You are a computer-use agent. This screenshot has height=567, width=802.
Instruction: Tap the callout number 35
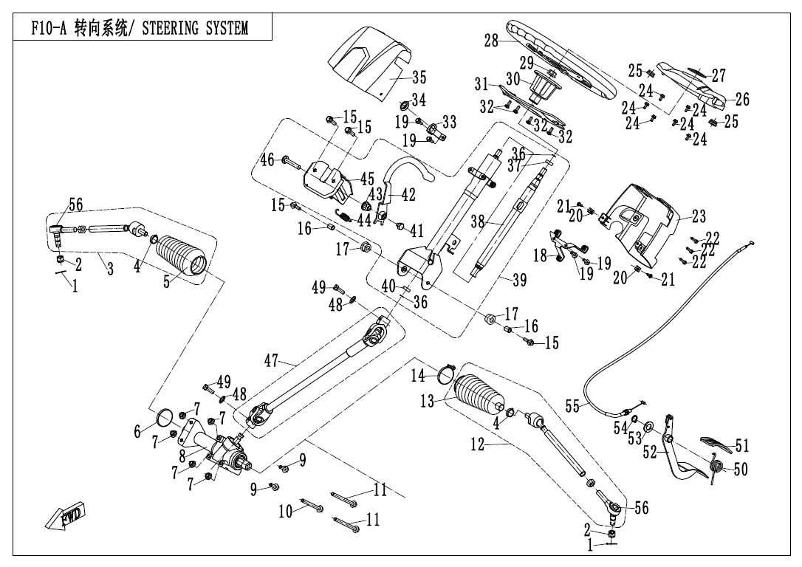pos(419,77)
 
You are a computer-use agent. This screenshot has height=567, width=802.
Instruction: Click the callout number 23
pos(699,216)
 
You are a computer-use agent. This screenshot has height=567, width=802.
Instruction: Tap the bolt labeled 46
pos(291,160)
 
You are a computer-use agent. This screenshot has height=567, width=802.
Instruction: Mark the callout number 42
pos(408,195)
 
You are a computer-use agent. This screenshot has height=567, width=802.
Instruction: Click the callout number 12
pos(478,444)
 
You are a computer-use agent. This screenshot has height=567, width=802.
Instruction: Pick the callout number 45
pos(367,179)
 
